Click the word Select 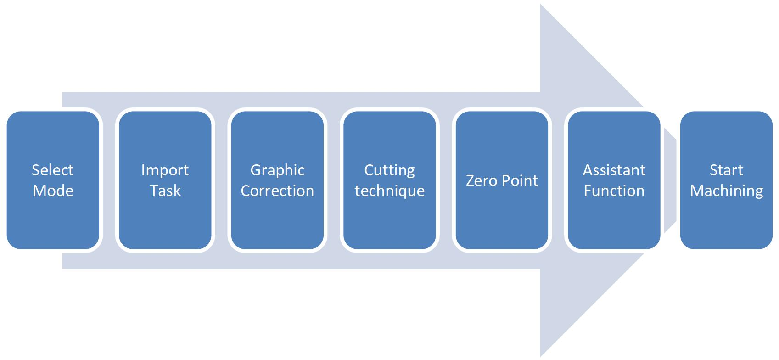pos(52,170)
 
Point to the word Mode pos(53,191)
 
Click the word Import pos(165,170)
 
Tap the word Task pos(165,191)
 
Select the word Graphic pos(277,170)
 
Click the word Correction pos(277,191)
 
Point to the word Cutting pos(389,170)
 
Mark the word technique pos(389,191)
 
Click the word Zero pos(481,180)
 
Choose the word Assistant pos(614,170)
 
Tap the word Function pos(614,191)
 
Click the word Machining pos(726,191)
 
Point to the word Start pos(726,170)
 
